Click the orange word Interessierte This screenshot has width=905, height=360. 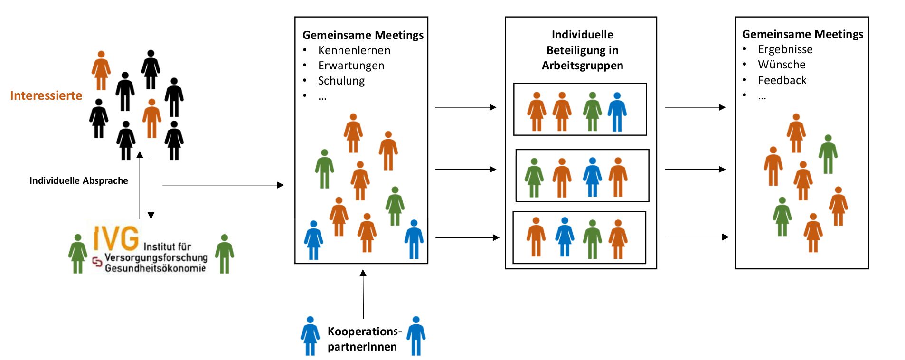point(46,95)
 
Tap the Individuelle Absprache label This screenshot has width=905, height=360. point(78,180)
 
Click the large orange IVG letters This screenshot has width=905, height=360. point(116,238)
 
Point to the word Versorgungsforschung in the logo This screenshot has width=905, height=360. point(156,257)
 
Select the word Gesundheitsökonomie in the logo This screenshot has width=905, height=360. point(155,268)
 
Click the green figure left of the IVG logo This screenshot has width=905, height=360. point(77,254)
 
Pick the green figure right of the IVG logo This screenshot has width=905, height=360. point(224,254)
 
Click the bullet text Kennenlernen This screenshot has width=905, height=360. point(354,50)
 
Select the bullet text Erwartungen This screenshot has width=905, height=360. point(351,66)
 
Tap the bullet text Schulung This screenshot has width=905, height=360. point(341,81)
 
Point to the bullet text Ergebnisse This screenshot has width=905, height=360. point(785,49)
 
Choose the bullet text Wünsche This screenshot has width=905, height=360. point(782,65)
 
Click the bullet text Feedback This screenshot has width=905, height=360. point(782,80)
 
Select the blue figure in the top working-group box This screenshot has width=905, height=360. point(617,112)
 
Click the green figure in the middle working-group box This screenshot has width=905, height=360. point(534,178)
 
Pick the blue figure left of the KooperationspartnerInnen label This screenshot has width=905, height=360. point(310,336)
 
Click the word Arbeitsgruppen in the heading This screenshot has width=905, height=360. point(583,66)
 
